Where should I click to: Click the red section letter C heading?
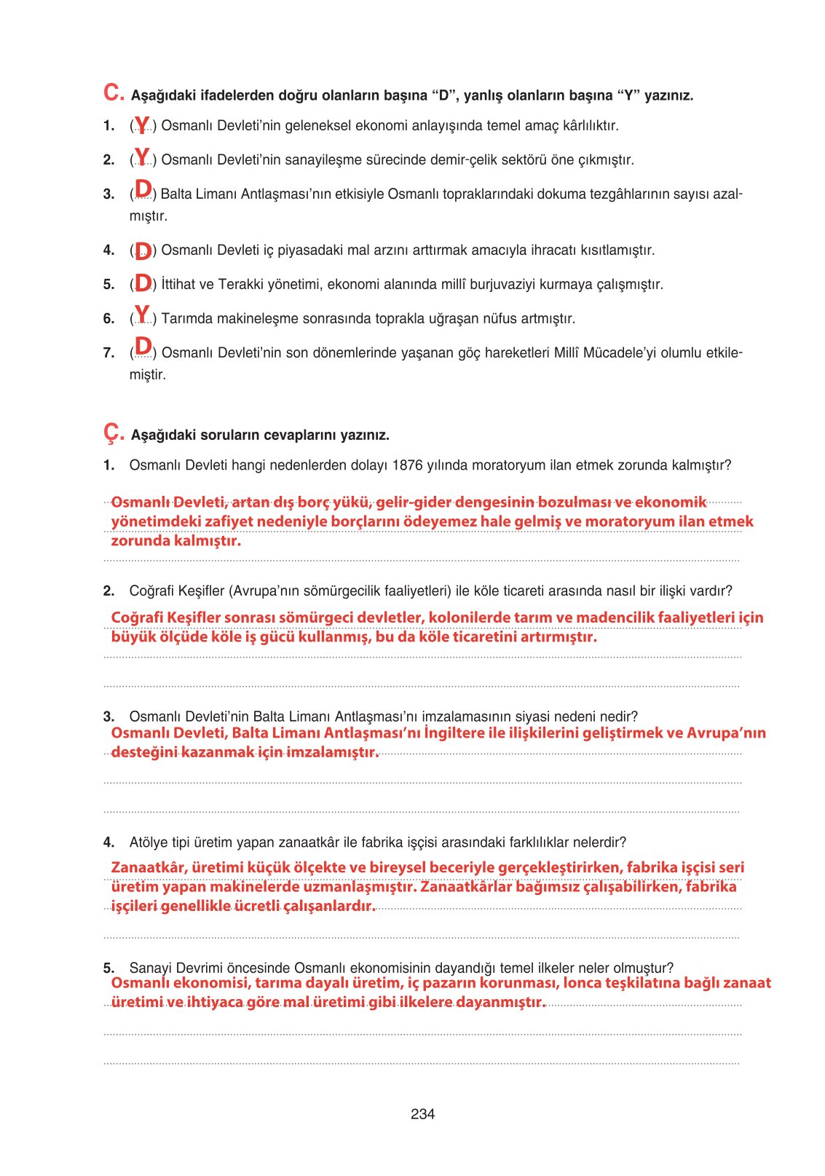pos(114,92)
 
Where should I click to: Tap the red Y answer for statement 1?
pos(142,125)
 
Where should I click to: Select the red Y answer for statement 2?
pos(142,157)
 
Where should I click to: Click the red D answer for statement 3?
pos(143,190)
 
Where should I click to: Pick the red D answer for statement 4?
pos(143,251)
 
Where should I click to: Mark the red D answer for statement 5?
pos(143,283)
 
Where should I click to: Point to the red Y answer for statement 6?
pos(142,315)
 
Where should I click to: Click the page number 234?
pos(422,1114)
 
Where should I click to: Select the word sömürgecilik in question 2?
pos(376,591)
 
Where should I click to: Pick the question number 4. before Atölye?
pos(108,842)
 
